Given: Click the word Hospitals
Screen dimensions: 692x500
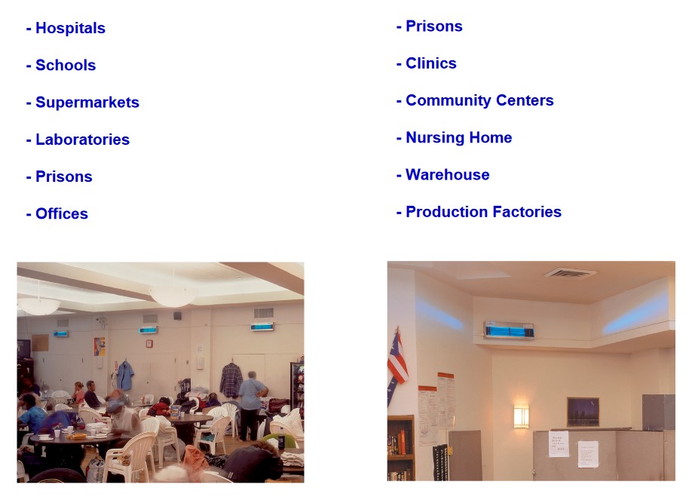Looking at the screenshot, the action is pos(70,28).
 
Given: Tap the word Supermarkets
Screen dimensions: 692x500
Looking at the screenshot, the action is pos(87,103).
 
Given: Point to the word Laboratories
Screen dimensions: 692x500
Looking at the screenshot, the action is pos(82,140).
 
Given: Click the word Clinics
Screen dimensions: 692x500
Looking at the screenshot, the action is pos(431,63).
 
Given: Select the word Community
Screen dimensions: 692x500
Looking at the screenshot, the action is pos(449,101).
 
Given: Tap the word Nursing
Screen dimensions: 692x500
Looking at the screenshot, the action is pos(435,138).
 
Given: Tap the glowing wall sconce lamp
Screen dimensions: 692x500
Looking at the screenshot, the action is pos(521,416).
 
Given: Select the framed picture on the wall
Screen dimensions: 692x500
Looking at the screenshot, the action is pos(583,411).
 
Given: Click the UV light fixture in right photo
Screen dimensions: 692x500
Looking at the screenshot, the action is pos(509,330).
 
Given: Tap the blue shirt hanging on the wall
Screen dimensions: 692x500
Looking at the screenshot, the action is pos(125,376).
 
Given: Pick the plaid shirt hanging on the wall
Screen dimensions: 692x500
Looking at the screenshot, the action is pos(231,380).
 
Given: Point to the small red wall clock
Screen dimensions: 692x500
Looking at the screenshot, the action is pos(149,344).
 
